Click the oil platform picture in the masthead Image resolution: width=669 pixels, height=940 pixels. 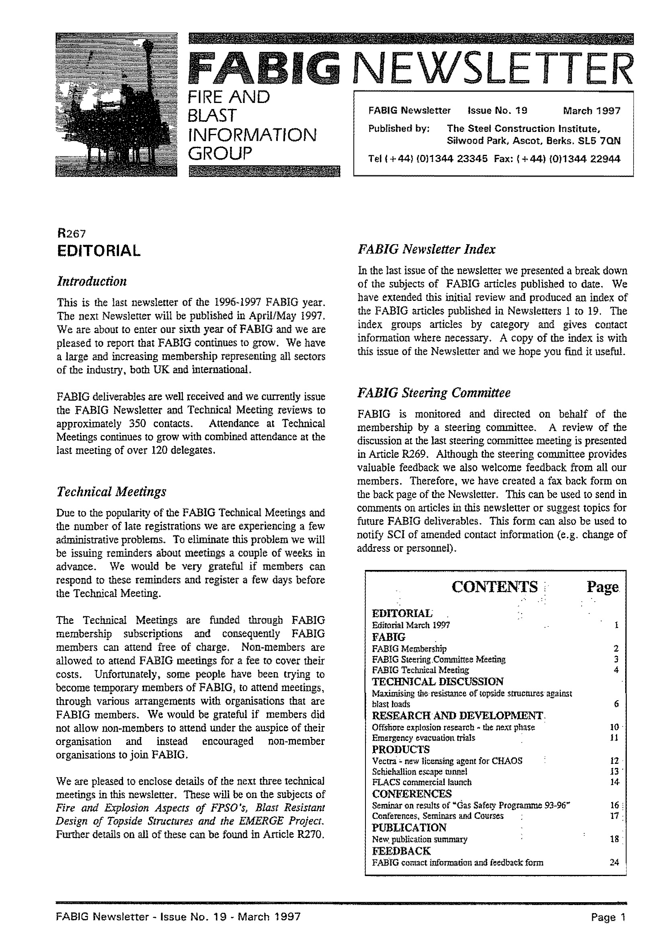pyautogui.click(x=116, y=105)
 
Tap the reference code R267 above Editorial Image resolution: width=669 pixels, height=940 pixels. pyautogui.click(x=71, y=234)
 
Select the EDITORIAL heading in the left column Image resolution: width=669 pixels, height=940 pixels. pyautogui.click(x=99, y=250)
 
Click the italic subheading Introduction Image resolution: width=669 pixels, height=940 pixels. pyautogui.click(x=92, y=282)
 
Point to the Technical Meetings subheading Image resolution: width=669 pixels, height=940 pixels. pyautogui.click(x=111, y=492)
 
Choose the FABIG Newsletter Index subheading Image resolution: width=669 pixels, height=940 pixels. pyautogui.click(x=426, y=249)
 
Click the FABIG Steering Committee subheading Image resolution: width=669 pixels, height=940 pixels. pyautogui.click(x=434, y=393)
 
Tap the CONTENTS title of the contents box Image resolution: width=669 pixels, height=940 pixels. pyautogui.click(x=495, y=587)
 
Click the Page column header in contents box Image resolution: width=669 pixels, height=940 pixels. pyautogui.click(x=602, y=587)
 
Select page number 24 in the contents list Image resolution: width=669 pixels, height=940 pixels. pyautogui.click(x=614, y=862)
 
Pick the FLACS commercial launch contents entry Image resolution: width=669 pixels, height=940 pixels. pyautogui.click(x=421, y=782)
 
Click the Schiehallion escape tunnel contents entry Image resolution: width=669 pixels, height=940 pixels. pyautogui.click(x=419, y=771)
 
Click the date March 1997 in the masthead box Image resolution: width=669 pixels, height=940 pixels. pyautogui.click(x=591, y=111)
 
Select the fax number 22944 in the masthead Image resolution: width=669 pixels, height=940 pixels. pyautogui.click(x=605, y=158)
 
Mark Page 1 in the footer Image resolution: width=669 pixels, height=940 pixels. pyautogui.click(x=608, y=917)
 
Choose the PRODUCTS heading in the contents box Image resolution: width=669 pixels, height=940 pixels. pyautogui.click(x=400, y=749)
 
